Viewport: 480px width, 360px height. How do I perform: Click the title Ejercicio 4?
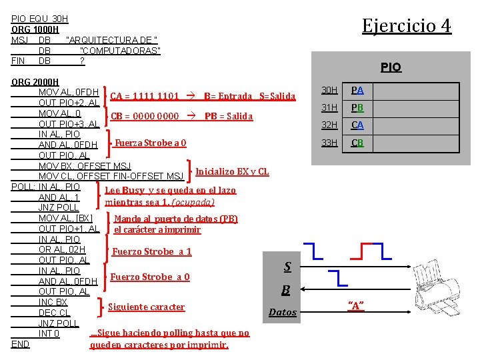406,26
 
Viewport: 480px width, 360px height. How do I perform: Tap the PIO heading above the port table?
391,67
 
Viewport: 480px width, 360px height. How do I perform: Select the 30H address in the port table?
329,90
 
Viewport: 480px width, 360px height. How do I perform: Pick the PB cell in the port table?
357,108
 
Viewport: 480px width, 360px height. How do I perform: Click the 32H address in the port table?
329,125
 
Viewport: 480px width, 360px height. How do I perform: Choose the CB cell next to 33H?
357,143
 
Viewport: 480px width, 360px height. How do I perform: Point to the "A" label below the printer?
357,305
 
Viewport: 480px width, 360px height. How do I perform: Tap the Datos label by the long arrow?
283,312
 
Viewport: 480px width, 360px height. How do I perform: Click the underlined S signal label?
287,267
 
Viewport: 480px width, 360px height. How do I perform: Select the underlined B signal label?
285,289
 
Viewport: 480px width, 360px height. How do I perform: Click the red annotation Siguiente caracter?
146,307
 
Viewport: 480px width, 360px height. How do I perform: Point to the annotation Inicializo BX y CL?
232,171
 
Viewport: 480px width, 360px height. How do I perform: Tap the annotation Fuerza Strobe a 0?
150,143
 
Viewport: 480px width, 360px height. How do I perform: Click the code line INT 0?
49,333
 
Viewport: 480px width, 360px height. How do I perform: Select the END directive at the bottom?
21,344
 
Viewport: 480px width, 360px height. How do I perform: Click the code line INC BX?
53,302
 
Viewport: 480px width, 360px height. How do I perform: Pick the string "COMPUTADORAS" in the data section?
120,51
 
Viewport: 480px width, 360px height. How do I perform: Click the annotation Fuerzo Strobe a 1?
152,251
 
